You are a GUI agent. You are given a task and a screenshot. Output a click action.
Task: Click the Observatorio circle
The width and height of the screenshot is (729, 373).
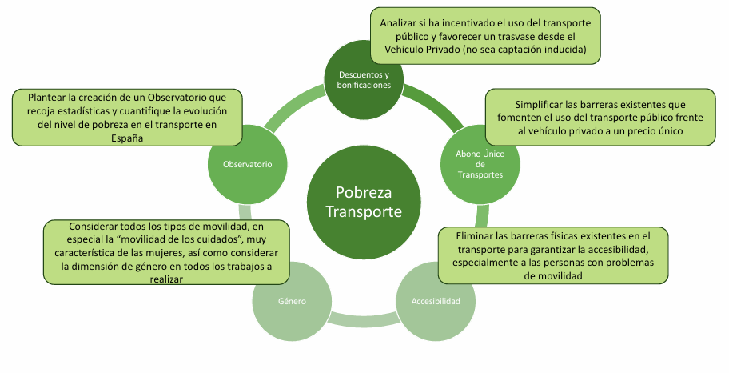click(x=247, y=163)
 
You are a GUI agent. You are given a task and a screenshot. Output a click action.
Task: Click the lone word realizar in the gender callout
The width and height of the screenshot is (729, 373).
click(x=166, y=280)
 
